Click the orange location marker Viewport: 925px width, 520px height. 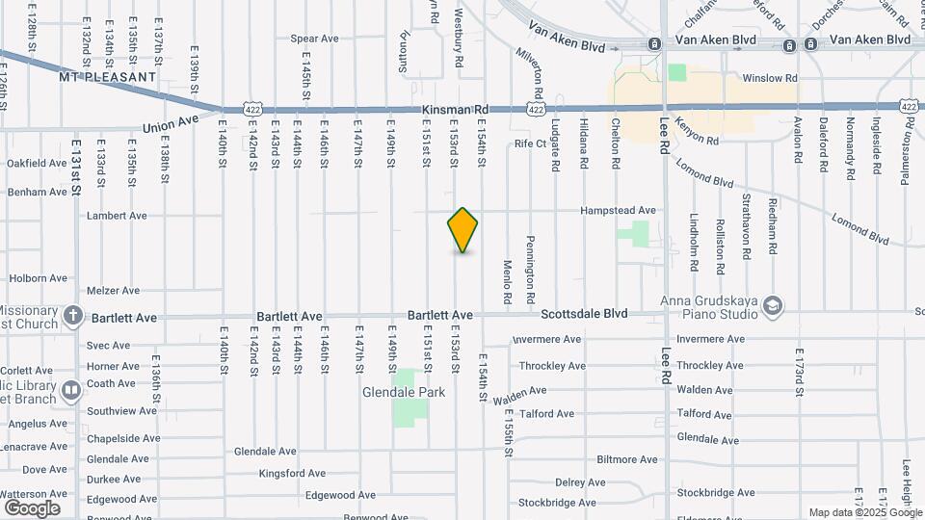[x=462, y=230]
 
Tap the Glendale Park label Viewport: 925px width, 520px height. [x=404, y=393]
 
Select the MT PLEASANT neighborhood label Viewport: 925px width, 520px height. [x=107, y=76]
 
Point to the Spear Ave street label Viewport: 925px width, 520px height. [x=315, y=39]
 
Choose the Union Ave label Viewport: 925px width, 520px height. [x=170, y=124]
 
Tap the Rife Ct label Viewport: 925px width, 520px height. [x=530, y=143]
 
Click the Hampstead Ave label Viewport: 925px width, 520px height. [x=618, y=210]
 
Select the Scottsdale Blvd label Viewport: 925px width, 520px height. [x=584, y=314]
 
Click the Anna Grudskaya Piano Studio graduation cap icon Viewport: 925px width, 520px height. [x=772, y=307]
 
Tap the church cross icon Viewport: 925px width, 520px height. [x=72, y=316]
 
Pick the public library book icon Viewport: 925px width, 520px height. [x=71, y=391]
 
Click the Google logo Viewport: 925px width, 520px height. [x=31, y=507]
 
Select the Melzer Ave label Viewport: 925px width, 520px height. [x=113, y=290]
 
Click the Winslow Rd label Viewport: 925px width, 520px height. [x=769, y=78]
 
